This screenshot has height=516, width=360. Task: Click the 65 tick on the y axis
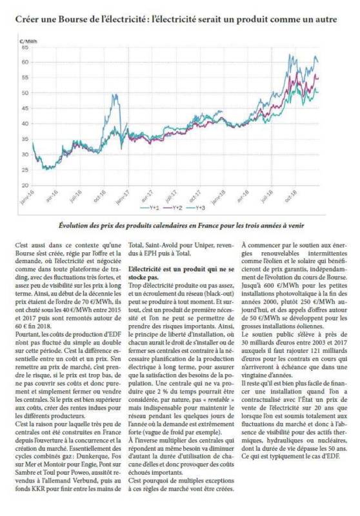[25, 47]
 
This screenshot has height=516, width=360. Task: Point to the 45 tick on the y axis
[25, 108]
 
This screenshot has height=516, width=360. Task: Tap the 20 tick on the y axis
[25, 185]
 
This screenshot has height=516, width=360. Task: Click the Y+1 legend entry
[150, 208]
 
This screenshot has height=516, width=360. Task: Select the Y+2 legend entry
[173, 208]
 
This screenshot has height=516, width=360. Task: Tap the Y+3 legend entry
[195, 208]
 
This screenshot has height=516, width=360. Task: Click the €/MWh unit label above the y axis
[28, 41]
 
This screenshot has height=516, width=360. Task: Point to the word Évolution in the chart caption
[72, 226]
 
